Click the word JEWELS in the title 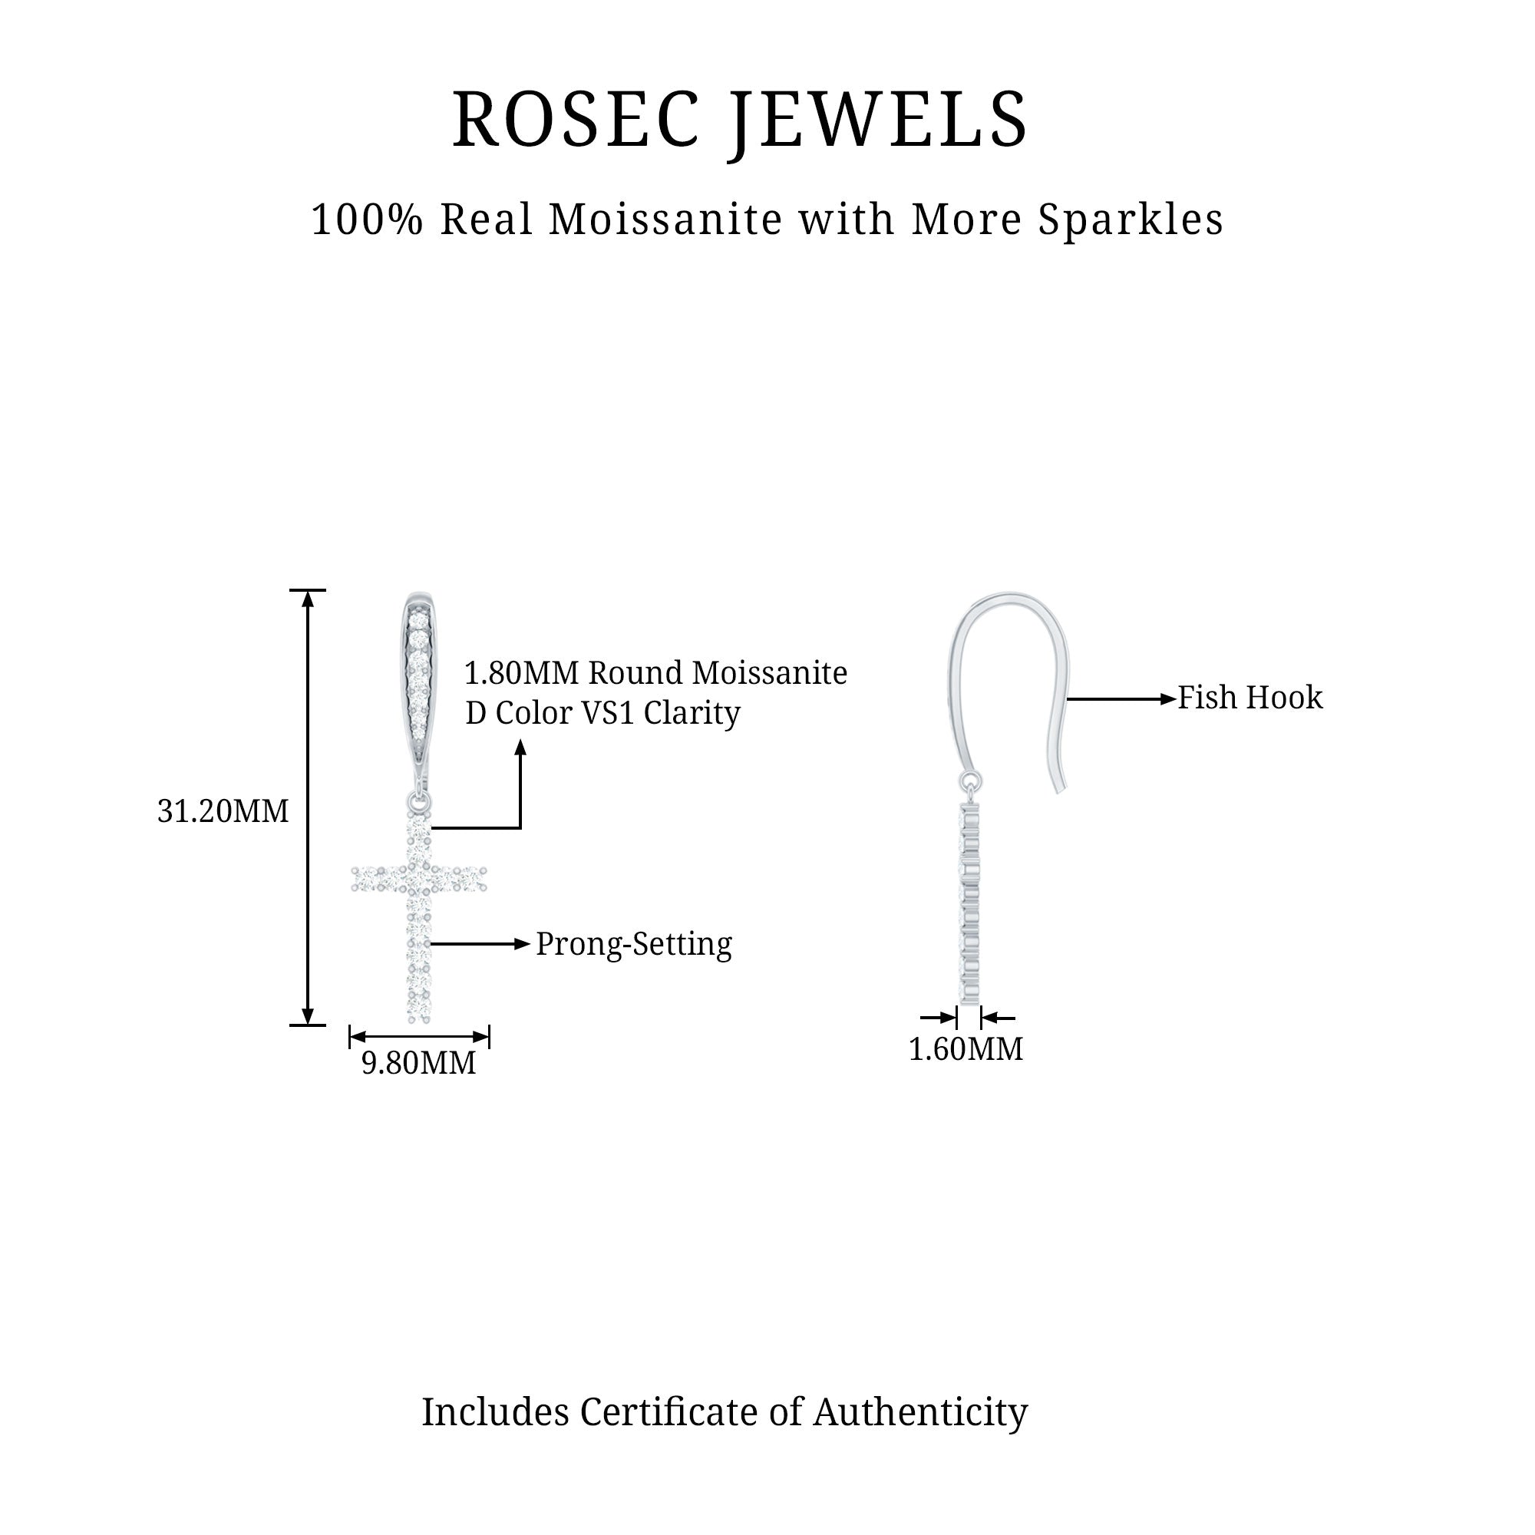tap(880, 120)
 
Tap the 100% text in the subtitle tap(367, 220)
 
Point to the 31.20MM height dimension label tap(223, 812)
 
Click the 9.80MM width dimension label tap(419, 1063)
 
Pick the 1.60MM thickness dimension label tap(966, 1049)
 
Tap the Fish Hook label tap(1249, 698)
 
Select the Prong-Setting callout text tap(633, 944)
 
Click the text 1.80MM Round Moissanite tap(655, 673)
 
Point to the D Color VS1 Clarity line tap(602, 713)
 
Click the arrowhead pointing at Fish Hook tap(1168, 699)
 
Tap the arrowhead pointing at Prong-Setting tap(522, 944)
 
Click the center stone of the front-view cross tap(419, 878)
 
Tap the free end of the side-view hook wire tap(1059, 789)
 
